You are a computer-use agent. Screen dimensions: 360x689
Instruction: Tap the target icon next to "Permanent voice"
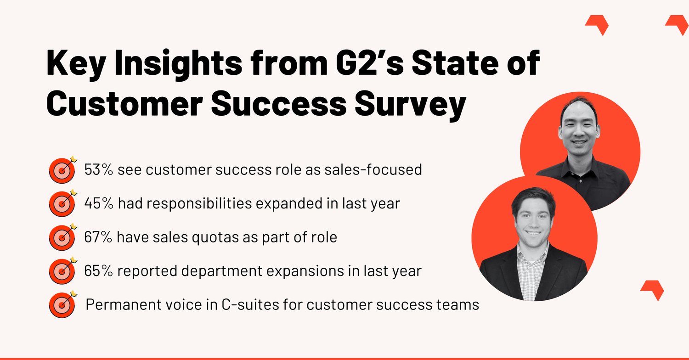pos(62,305)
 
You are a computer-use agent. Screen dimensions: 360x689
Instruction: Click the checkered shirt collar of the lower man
pos(533,255)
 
